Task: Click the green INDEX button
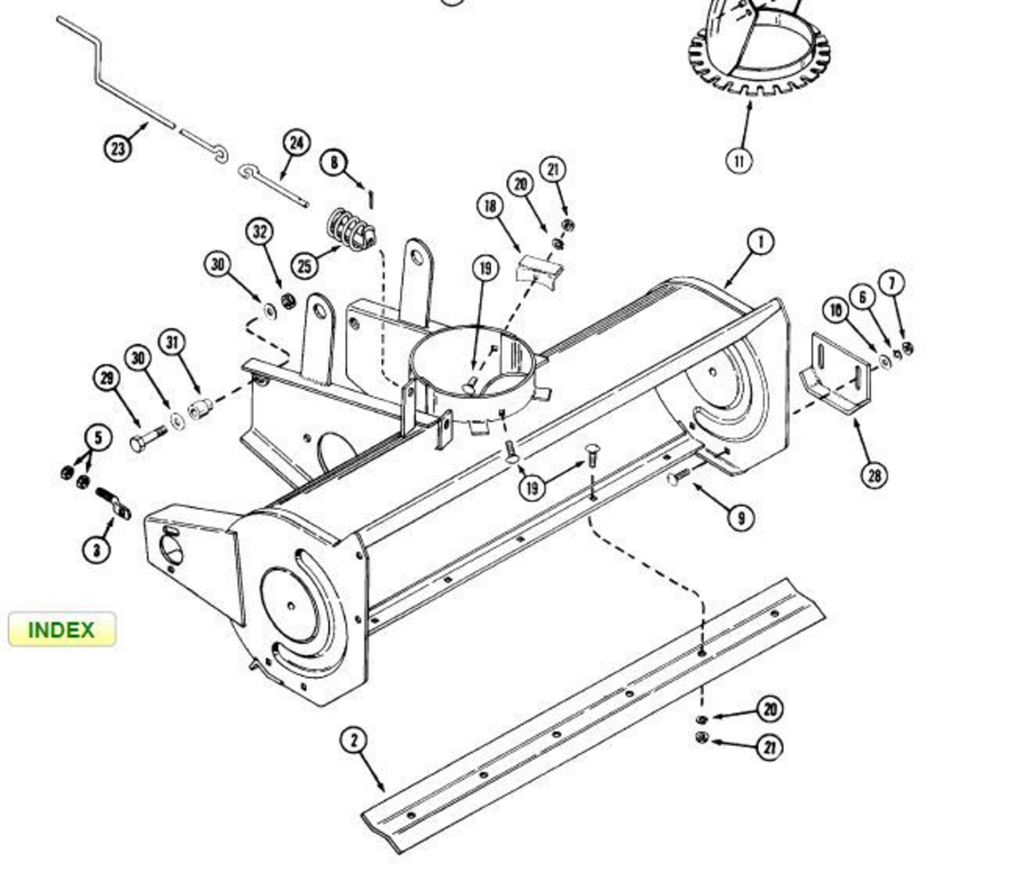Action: click(62, 630)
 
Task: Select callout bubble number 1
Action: click(760, 243)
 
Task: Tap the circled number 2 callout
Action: click(354, 741)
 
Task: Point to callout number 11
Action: click(739, 160)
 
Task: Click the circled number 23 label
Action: click(118, 148)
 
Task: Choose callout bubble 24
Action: click(297, 143)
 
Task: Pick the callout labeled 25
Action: click(305, 265)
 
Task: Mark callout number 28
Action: click(874, 475)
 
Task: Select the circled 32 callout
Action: click(260, 232)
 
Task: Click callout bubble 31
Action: click(172, 343)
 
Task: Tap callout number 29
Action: click(107, 378)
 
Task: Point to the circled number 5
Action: click(98, 438)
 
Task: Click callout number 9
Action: click(740, 518)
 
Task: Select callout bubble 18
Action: click(490, 206)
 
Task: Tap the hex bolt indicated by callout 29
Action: click(148, 439)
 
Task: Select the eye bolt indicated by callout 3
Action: click(114, 503)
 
